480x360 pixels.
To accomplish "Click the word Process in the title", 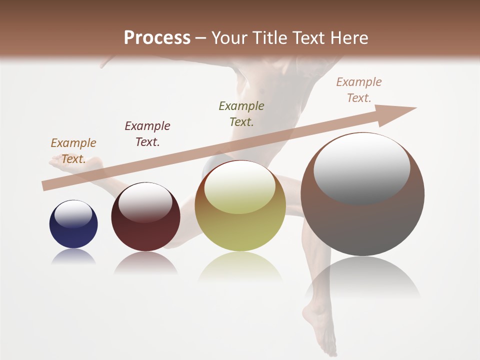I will (157, 38).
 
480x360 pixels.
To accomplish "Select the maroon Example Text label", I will (147, 133).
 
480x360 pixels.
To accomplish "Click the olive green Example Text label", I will (241, 113).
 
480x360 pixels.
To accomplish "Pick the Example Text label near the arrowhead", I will (359, 90).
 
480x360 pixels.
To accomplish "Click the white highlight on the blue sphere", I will (73, 214).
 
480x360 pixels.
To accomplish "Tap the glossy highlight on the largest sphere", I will (361, 167).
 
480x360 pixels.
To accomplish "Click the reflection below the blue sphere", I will (73, 257).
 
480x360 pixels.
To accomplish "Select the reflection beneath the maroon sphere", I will (145, 262).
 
